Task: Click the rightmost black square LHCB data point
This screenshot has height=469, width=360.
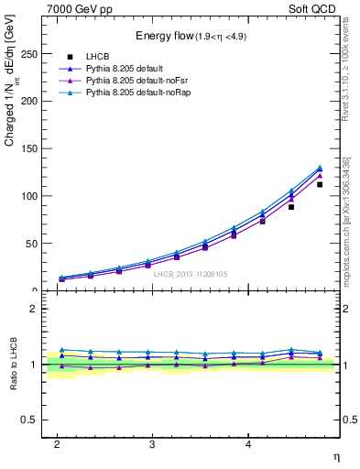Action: click(x=320, y=184)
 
